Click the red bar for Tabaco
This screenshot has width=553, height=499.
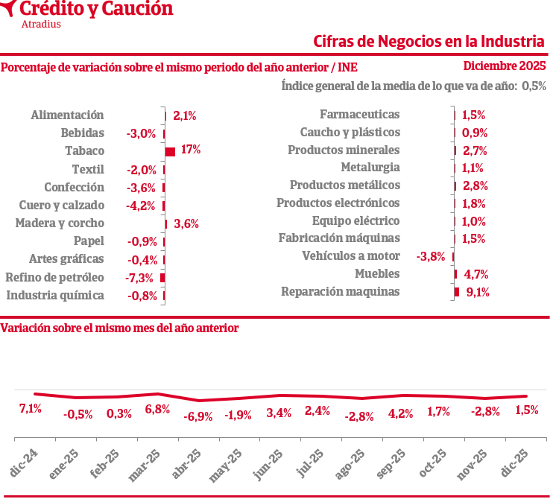(170, 152)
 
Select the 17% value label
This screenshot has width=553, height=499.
(191, 150)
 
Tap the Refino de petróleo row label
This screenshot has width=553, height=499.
(54, 277)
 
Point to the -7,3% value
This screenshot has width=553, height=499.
(139, 278)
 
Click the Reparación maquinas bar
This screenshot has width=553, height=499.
(456, 292)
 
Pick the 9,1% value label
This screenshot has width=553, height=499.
(477, 292)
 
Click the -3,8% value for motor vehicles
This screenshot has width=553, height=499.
(432, 257)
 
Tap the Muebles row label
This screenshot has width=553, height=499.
(377, 274)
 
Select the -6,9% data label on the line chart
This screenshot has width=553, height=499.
(197, 416)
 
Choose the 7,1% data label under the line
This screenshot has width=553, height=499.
(30, 408)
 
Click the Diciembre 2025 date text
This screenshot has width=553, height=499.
(505, 66)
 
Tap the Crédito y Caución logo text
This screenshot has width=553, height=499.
(95, 9)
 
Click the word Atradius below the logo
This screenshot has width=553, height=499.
(42, 24)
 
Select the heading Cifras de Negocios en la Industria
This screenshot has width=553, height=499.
(429, 40)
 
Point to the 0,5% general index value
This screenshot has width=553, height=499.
(534, 86)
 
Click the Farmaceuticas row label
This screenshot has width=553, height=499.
(359, 115)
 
